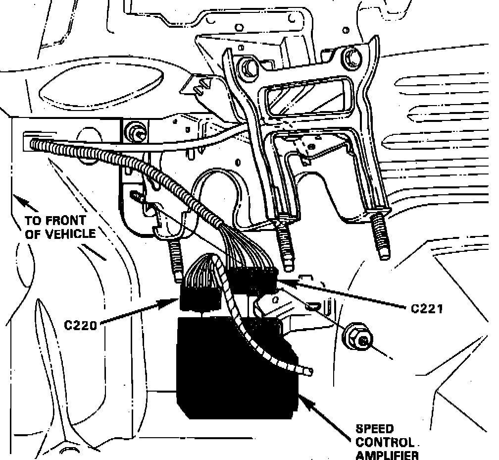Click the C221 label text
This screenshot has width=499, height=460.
pyautogui.click(x=427, y=308)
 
